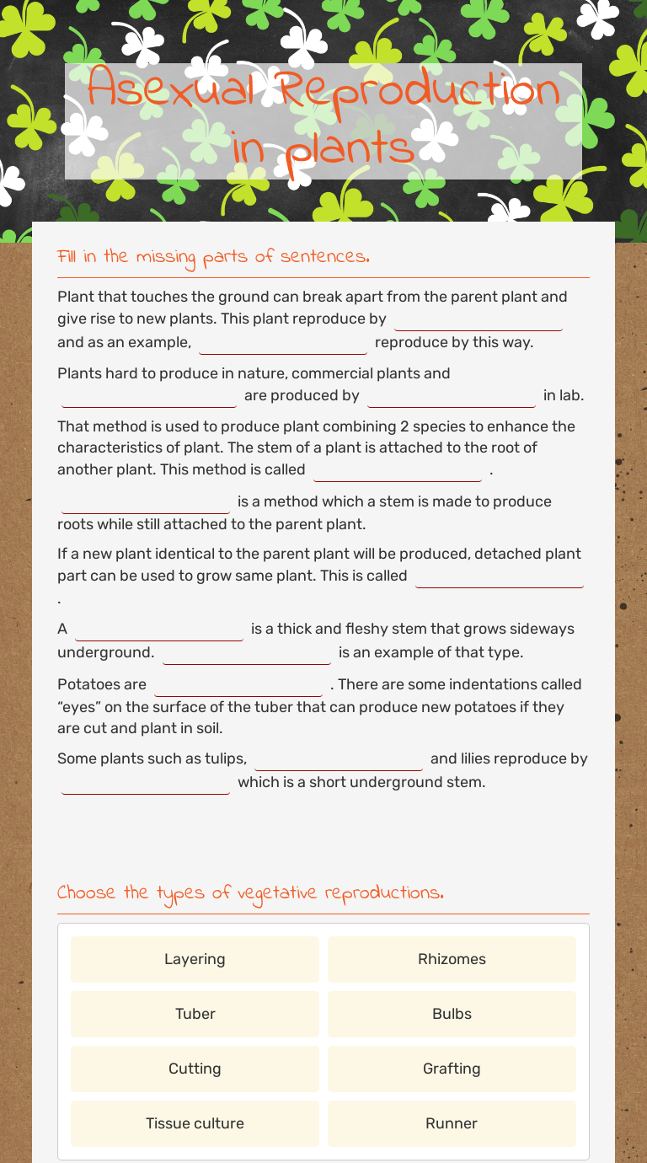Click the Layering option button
point(195,959)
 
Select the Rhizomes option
point(452,959)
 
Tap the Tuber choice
point(195,1014)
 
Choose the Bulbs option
point(452,1014)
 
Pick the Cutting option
point(195,1069)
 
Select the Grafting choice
point(452,1069)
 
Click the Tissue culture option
point(195,1123)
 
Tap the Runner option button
point(452,1123)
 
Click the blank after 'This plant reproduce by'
point(479,320)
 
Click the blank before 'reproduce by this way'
point(283,343)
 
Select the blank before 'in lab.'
point(452,396)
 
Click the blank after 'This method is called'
point(398,470)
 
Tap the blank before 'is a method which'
point(146,502)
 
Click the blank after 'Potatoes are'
point(238,685)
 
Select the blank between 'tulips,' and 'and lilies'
point(339,759)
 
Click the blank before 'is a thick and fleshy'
point(159,630)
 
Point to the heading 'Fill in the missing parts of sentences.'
point(213,256)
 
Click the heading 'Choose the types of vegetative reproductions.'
point(250,892)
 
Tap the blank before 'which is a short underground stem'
point(146,783)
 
